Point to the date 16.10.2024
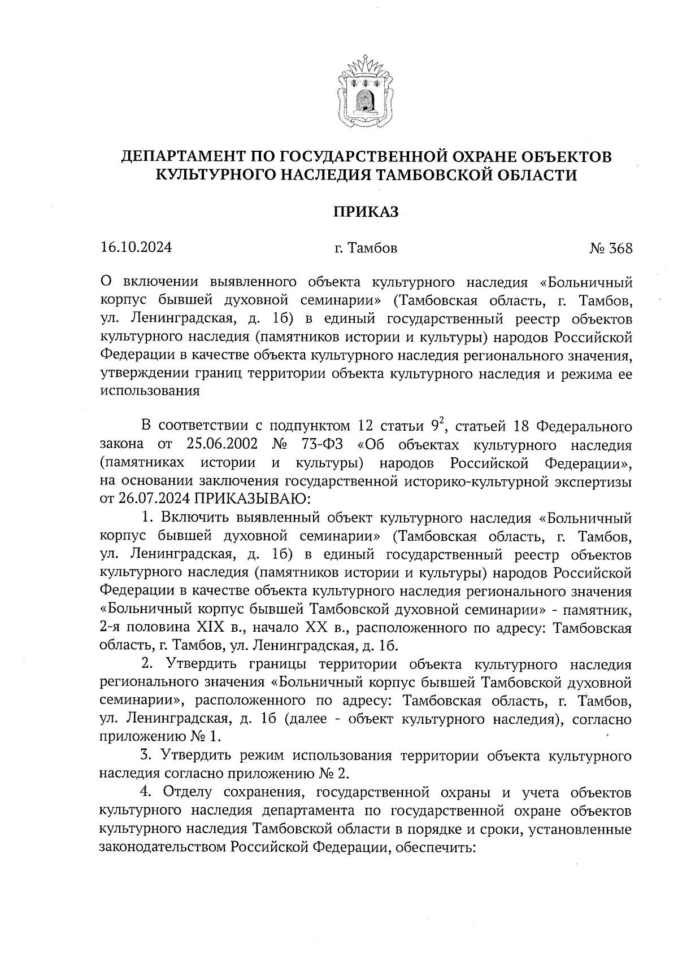click(x=136, y=248)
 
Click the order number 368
click(x=620, y=248)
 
